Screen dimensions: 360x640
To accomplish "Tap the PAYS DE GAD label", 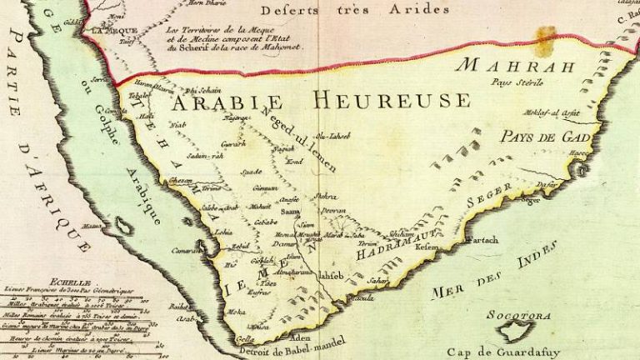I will (545, 137).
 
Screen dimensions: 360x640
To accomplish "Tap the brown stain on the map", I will (545, 40).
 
